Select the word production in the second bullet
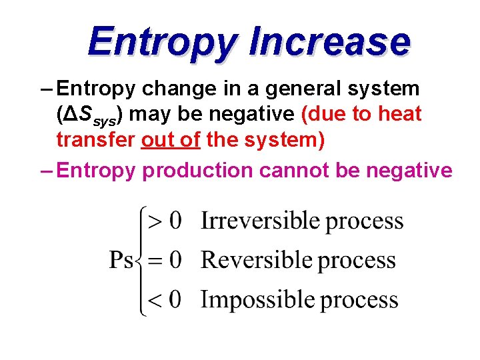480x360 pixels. (198, 171)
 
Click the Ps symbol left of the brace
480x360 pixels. (121, 260)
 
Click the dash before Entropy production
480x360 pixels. (47, 171)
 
